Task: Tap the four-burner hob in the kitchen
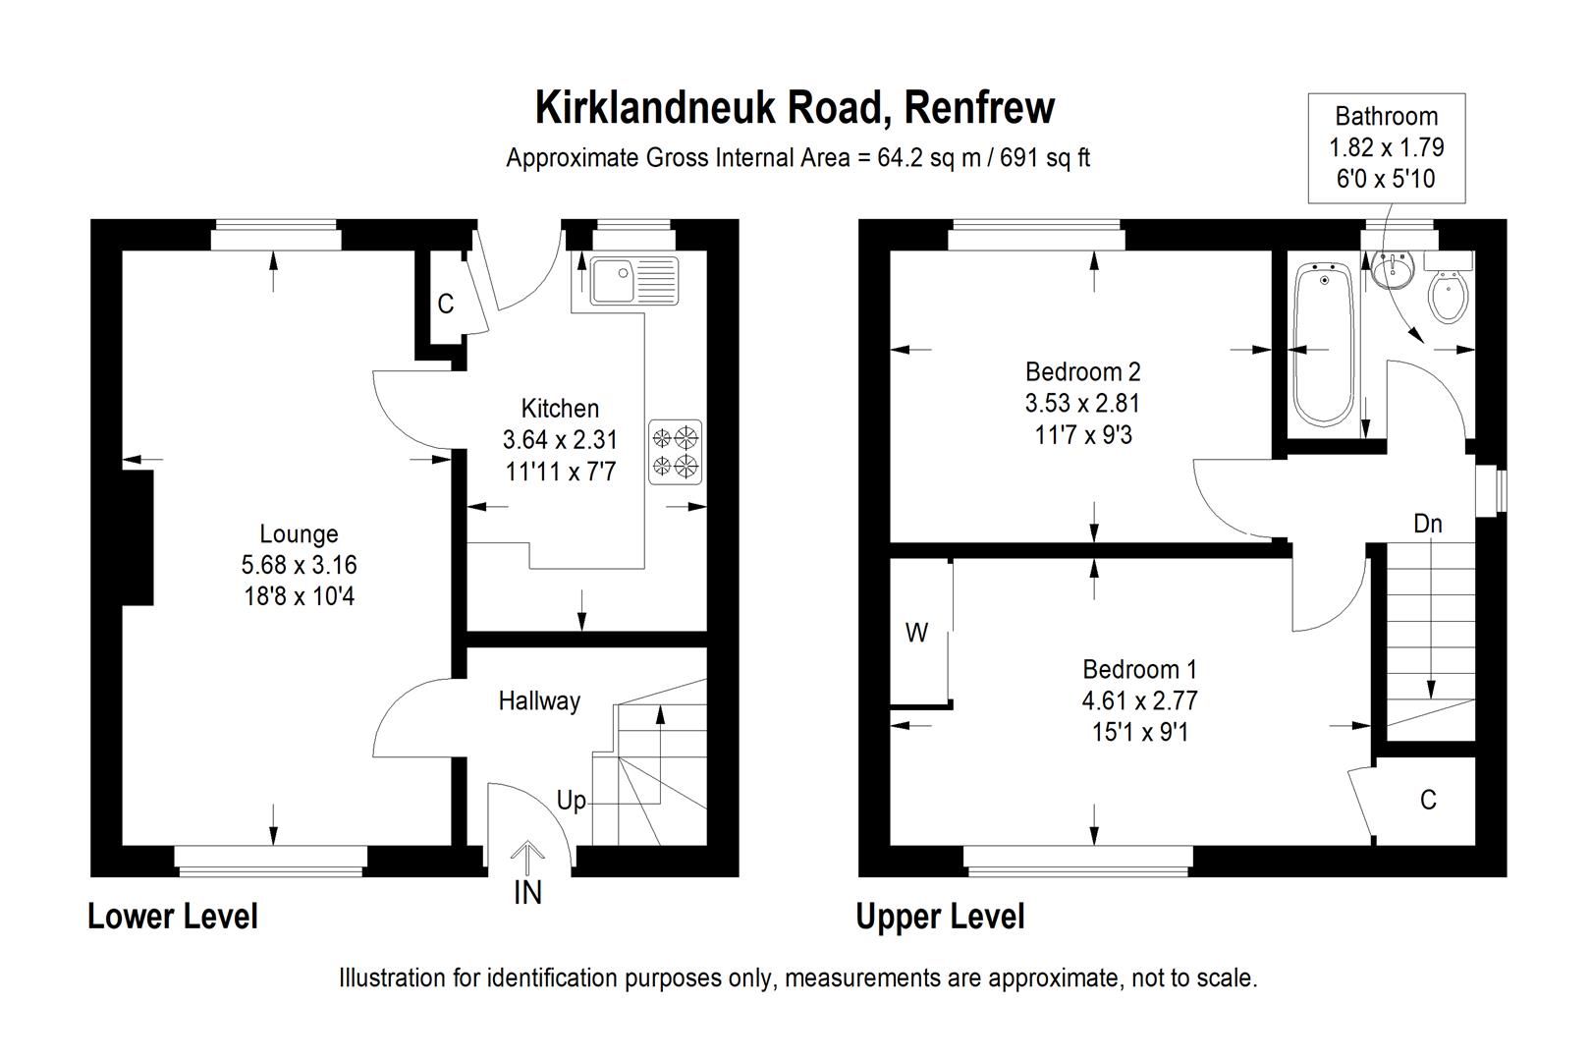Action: coord(677,451)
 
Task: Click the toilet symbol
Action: coord(1449,292)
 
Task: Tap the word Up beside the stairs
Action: coord(571,801)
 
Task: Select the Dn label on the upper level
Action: coord(1427,524)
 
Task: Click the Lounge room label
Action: coord(299,533)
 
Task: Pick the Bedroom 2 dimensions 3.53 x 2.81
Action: coord(1082,403)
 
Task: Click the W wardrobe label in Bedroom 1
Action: coord(915,634)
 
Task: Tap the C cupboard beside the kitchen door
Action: coord(445,305)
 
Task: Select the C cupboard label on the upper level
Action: coord(1428,800)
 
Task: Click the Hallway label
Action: coord(539,700)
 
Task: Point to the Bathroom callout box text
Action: coord(1386,147)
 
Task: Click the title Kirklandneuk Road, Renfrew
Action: coord(795,107)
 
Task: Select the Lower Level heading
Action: coord(173,916)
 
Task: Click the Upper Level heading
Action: coord(940,916)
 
